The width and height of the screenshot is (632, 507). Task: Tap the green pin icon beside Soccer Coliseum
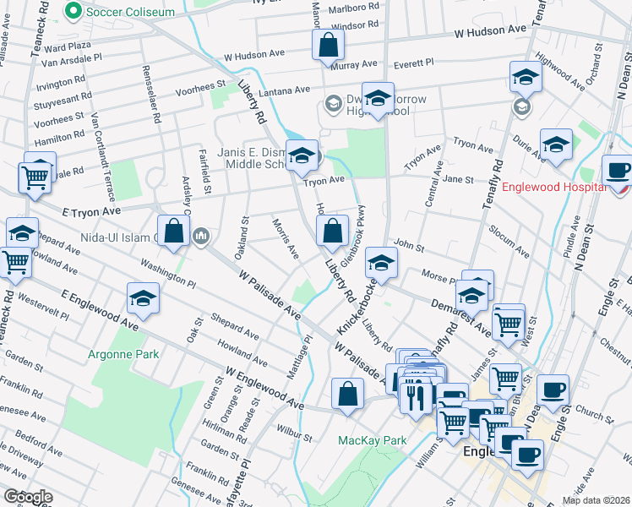tap(74, 12)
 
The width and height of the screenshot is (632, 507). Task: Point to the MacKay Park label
tap(373, 440)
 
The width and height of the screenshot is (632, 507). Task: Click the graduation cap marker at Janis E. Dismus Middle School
tap(301, 156)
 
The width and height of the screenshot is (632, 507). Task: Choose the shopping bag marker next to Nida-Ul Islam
tap(173, 233)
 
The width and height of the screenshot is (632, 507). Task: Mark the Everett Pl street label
tap(411, 63)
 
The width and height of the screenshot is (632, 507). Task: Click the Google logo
tap(27, 497)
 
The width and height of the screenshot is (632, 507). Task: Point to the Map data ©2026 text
tap(596, 500)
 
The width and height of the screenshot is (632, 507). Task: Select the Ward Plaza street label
tap(67, 45)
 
